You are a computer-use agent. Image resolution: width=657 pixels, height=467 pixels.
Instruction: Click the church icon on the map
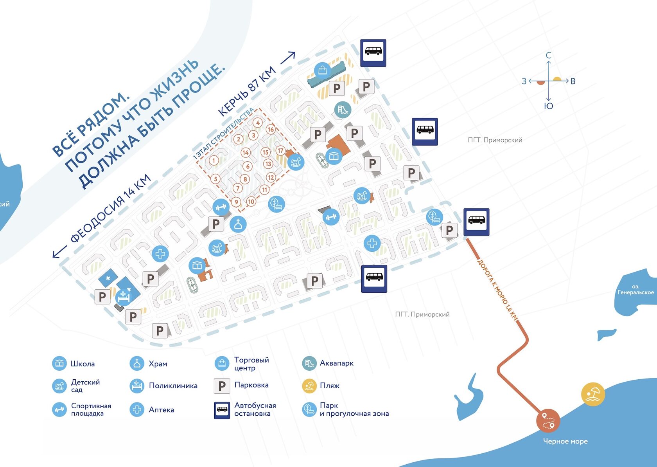(238, 224)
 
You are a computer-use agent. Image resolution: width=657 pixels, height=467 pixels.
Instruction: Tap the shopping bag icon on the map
(323, 70)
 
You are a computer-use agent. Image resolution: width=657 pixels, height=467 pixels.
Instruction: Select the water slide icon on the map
(343, 110)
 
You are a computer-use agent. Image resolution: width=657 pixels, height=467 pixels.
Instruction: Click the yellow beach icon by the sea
(593, 394)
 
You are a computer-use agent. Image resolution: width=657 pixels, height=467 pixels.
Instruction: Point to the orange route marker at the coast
(548, 420)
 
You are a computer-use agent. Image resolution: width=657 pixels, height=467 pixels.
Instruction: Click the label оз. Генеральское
(635, 290)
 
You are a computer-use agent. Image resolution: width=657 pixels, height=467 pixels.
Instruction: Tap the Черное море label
(565, 441)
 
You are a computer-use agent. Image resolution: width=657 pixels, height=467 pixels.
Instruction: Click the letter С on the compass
(549, 56)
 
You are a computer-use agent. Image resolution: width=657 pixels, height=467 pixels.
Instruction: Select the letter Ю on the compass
(549, 106)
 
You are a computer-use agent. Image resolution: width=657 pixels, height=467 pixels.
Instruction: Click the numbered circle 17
(280, 150)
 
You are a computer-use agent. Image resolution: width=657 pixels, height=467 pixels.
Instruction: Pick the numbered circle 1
(214, 160)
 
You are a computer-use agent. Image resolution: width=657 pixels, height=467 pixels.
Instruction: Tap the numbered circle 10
(251, 202)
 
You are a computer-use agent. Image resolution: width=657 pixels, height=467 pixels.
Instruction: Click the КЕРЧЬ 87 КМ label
(247, 91)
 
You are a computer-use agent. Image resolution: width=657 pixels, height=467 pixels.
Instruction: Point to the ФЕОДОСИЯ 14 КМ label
(111, 207)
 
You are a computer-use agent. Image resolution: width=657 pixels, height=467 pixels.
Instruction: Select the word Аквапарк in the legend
(336, 363)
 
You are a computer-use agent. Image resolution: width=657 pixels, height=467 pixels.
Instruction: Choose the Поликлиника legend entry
(173, 386)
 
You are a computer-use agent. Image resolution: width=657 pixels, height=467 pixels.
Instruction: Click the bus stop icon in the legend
(222, 410)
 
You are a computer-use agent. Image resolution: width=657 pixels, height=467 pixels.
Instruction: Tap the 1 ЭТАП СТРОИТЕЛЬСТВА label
(223, 133)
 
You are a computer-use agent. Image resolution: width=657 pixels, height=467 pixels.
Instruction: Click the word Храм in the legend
(158, 364)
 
